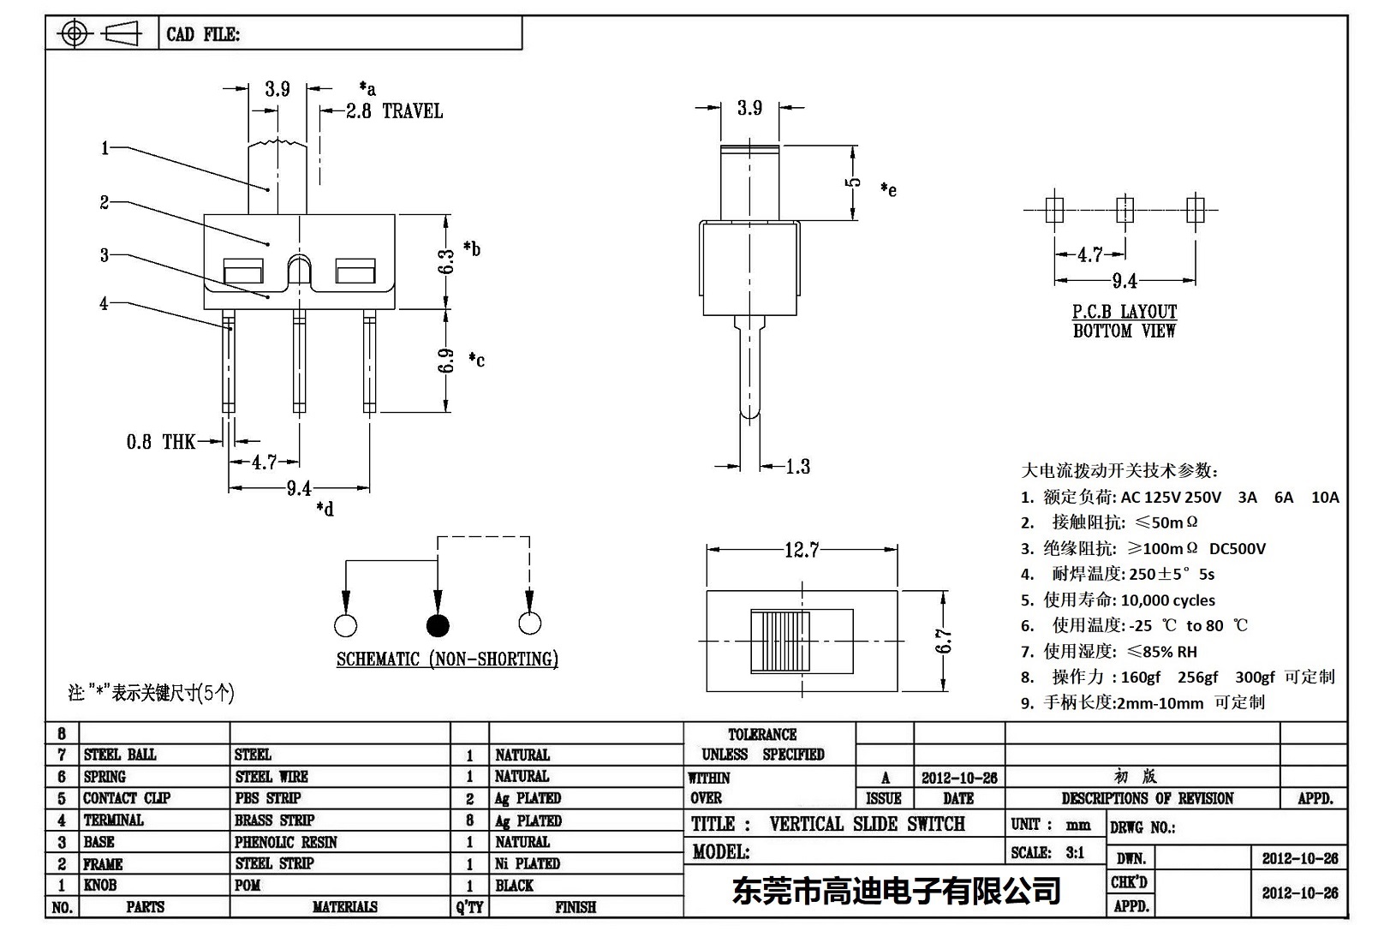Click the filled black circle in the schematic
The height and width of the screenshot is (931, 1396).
click(x=438, y=625)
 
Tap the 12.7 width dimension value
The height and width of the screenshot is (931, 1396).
click(x=802, y=550)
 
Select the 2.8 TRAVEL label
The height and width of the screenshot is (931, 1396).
click(x=395, y=111)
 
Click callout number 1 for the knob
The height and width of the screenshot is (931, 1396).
click(x=104, y=148)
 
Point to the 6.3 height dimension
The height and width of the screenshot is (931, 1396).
click(x=446, y=261)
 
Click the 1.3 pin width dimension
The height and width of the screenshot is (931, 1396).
click(x=797, y=467)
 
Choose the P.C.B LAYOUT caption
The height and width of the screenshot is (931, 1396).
click(x=1125, y=312)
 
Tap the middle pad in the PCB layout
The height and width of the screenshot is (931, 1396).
click(x=1125, y=209)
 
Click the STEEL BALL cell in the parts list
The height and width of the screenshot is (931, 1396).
click(x=120, y=755)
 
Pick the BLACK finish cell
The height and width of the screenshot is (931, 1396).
click(x=514, y=886)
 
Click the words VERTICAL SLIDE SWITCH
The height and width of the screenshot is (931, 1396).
click(x=867, y=824)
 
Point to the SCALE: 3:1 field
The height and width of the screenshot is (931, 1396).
click(x=1047, y=852)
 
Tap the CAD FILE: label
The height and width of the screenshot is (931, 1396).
click(x=203, y=34)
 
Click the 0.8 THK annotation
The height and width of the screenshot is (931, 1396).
click(x=161, y=442)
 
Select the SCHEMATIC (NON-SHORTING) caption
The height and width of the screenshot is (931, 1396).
click(x=447, y=659)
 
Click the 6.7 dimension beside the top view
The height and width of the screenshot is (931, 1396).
click(x=944, y=641)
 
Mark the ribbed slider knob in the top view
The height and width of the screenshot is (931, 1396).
click(x=780, y=641)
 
